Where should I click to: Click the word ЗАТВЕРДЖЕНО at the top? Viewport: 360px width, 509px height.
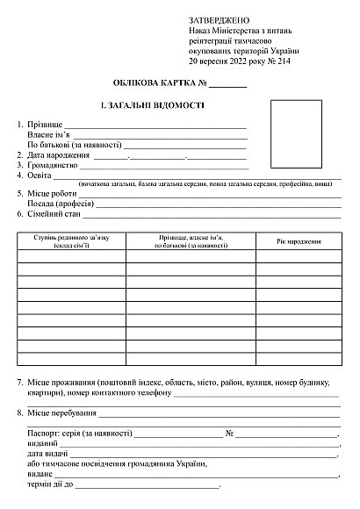point(219,19)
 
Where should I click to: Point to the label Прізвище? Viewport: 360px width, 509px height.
point(44,125)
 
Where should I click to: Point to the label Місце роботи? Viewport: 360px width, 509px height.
point(52,193)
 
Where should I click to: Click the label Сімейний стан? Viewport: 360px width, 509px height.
point(53,213)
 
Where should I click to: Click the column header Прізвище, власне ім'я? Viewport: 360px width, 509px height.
point(190,237)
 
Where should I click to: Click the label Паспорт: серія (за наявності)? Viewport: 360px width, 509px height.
point(80,434)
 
